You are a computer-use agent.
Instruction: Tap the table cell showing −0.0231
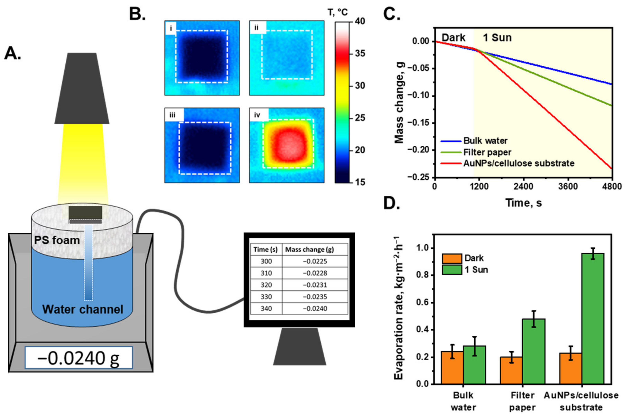(x=315, y=285)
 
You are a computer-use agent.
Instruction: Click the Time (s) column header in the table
(x=266, y=249)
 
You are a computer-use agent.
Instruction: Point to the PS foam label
(x=57, y=240)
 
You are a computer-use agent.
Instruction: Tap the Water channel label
(x=83, y=309)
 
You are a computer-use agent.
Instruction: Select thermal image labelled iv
(x=286, y=145)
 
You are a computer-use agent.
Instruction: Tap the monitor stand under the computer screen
(x=300, y=346)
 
